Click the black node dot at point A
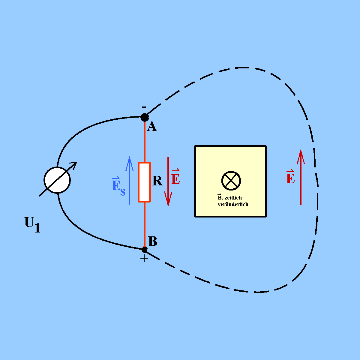(145, 117)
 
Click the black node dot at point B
(144, 250)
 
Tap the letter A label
(152, 126)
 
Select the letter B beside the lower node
(152, 241)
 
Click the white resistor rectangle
(144, 182)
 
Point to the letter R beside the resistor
(157, 181)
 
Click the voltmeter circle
(57, 180)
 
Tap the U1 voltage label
(32, 224)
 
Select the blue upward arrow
(130, 181)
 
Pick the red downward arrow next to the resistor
(168, 182)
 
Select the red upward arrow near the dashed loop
(301, 177)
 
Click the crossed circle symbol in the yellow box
(231, 181)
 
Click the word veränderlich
(233, 204)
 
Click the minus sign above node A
(144, 107)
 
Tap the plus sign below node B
(144, 259)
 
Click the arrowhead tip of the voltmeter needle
(77, 162)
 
